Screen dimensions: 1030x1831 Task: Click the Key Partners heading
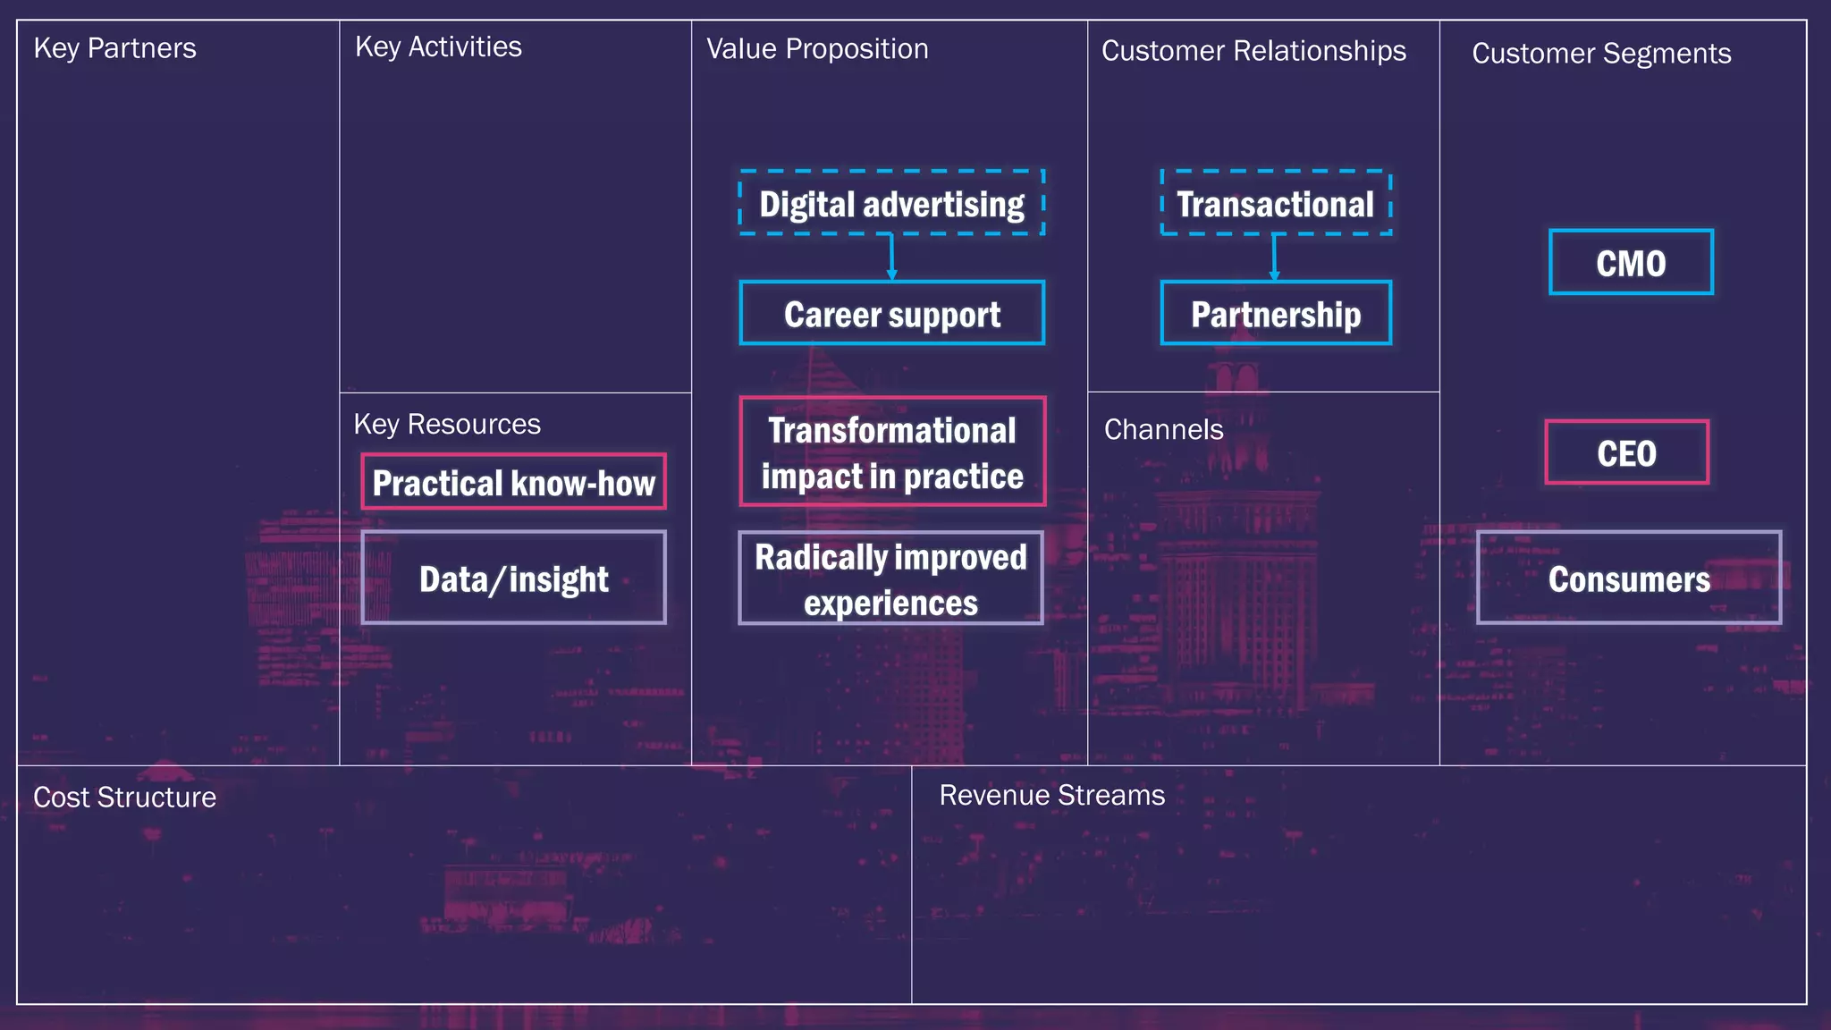114,48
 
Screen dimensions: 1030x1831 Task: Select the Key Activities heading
438,47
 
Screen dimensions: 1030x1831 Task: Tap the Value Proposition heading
817,49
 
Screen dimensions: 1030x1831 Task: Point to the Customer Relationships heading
1253,52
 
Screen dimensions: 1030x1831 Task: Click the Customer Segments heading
1601,54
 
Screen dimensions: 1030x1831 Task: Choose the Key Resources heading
447,424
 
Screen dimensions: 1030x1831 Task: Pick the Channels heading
1163,430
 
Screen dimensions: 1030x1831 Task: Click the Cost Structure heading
124,798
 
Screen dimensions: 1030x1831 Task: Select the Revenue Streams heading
1051,796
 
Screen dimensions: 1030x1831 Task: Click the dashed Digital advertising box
891,203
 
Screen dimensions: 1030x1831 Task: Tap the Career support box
891,314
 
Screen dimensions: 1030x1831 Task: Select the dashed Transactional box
1276,203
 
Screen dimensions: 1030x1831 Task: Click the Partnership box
1276,314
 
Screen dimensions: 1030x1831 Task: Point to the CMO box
1631,263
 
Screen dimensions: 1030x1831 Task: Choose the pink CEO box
1626,452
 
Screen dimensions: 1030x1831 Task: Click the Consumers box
1628,578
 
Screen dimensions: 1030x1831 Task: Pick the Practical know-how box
513,483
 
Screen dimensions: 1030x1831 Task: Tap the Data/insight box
513,578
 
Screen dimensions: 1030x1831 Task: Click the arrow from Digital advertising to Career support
891,258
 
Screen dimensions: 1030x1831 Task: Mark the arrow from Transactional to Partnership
1274,258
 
